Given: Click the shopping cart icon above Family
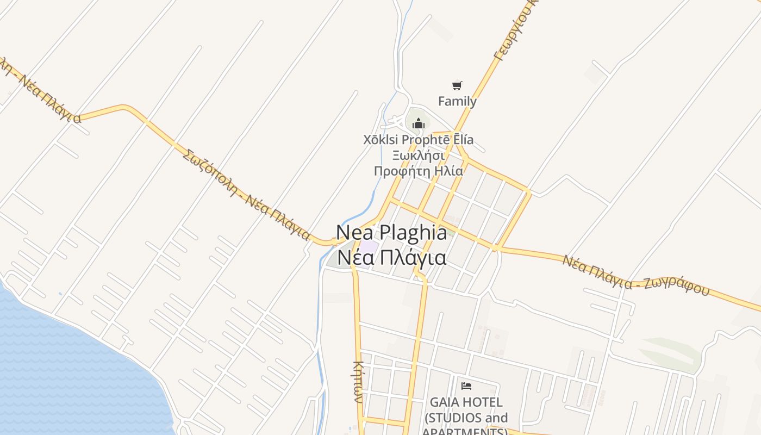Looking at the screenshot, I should pyautogui.click(x=457, y=85).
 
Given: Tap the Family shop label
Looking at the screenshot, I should pyautogui.click(x=457, y=101).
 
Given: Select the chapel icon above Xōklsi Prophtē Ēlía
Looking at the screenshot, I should pyautogui.click(x=418, y=124).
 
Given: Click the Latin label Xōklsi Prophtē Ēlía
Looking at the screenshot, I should pyautogui.click(x=418, y=140).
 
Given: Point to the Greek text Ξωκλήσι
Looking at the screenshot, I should pyautogui.click(x=418, y=156).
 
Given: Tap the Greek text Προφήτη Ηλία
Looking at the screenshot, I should pyautogui.click(x=418, y=171).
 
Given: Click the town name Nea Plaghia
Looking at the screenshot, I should pyautogui.click(x=391, y=232).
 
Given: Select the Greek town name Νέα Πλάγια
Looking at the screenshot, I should pyautogui.click(x=391, y=257).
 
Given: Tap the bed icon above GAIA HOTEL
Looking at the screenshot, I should pyautogui.click(x=466, y=386).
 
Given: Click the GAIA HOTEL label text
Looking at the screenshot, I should pyautogui.click(x=466, y=402).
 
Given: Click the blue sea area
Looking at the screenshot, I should pyautogui.click(x=65, y=370).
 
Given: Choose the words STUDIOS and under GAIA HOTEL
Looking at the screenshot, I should pyautogui.click(x=466, y=418).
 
